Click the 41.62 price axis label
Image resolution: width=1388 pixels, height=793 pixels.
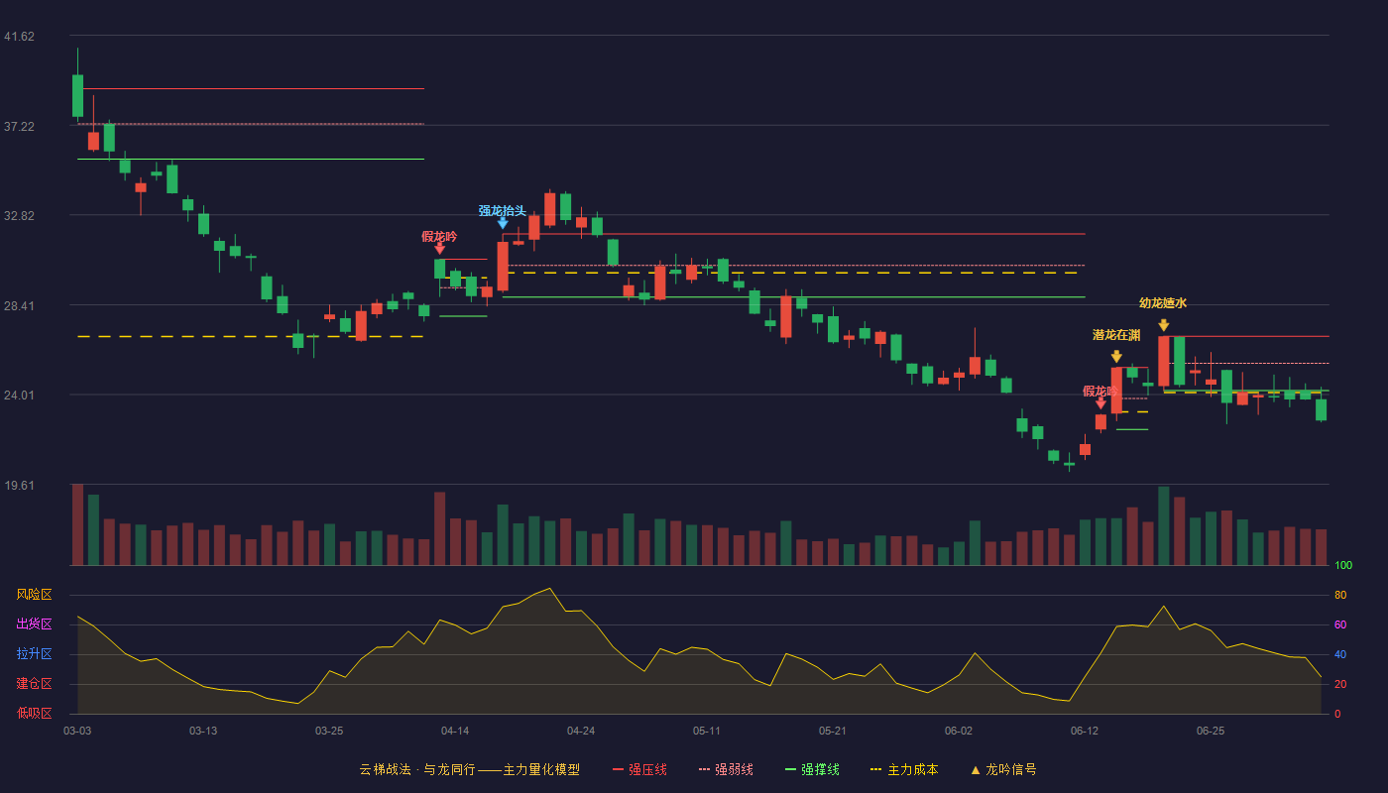(19, 37)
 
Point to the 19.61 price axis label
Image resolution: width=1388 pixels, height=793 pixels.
(19, 485)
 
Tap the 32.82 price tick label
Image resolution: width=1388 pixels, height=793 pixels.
(19, 216)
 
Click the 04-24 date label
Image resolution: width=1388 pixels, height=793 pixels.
(581, 732)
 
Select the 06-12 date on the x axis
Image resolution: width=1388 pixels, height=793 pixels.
(1085, 732)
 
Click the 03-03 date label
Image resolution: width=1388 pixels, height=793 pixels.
(77, 732)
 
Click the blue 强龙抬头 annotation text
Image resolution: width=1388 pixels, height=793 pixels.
(502, 210)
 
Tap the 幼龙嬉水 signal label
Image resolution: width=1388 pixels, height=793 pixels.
(1163, 303)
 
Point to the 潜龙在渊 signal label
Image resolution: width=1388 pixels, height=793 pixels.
(1116, 335)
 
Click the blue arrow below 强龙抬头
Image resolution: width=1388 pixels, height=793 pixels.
(503, 222)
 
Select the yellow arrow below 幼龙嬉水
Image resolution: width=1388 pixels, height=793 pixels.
(1164, 325)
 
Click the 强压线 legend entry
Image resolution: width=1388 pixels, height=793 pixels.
(639, 769)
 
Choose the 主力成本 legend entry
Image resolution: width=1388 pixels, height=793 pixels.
(904, 769)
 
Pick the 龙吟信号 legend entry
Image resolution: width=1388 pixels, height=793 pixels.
(1003, 769)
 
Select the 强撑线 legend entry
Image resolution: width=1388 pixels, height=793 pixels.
(812, 769)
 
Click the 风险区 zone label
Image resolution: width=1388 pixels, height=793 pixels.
(34, 595)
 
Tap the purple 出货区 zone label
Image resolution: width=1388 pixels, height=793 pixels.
(34, 623)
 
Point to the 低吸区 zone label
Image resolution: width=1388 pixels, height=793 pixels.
(34, 713)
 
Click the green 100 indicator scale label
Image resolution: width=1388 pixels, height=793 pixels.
(1343, 565)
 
